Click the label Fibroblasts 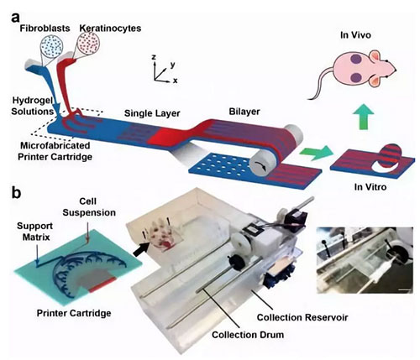(45, 29)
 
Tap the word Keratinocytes (110, 29)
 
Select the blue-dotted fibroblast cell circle (51, 47)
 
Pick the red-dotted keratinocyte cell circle (89, 44)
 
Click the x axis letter (176, 81)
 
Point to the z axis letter (154, 57)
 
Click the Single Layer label (152, 113)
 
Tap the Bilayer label (244, 112)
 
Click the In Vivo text (355, 35)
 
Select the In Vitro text (370, 186)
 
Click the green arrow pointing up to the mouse (364, 117)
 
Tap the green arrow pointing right (316, 153)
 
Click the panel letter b (17, 193)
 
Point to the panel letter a (16, 18)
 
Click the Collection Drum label (248, 335)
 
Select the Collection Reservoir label (302, 317)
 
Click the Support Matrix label (34, 232)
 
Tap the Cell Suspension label (89, 207)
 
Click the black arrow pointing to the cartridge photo (141, 249)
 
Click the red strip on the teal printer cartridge (102, 284)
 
